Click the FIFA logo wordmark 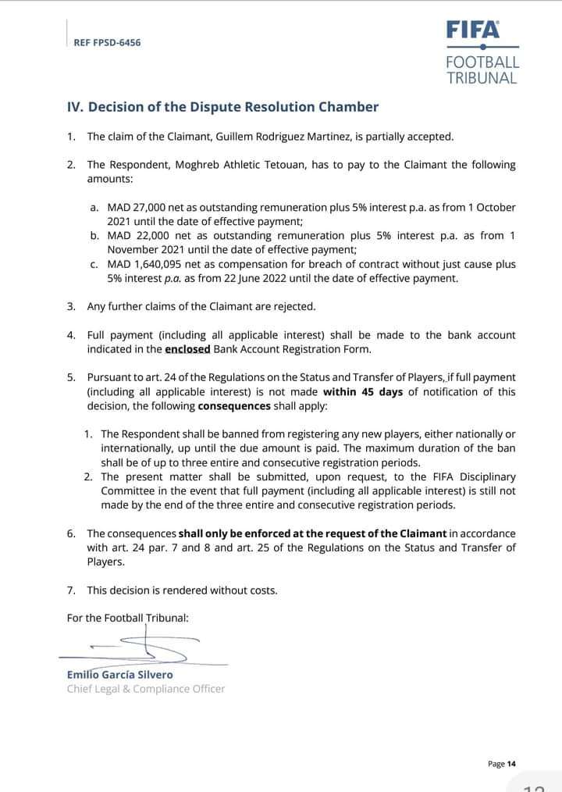473,30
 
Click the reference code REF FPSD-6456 107,43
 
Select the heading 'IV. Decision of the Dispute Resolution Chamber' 222,107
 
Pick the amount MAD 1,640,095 149,265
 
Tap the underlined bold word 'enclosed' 187,349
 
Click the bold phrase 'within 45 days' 362,392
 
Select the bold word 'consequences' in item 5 233,406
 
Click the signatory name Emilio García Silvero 120,675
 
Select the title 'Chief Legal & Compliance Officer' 146,689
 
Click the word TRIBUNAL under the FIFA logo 482,78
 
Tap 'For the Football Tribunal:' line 127,618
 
